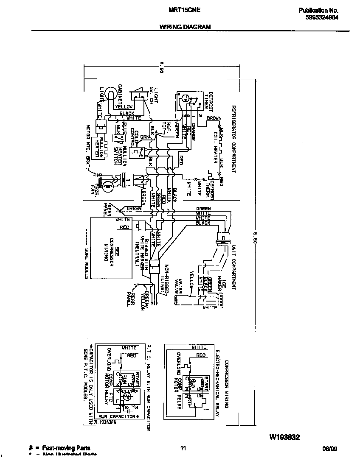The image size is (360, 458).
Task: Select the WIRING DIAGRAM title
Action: [x=185, y=26]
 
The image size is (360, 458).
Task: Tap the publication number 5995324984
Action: [x=322, y=17]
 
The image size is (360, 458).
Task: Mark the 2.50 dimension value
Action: [x=162, y=67]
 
